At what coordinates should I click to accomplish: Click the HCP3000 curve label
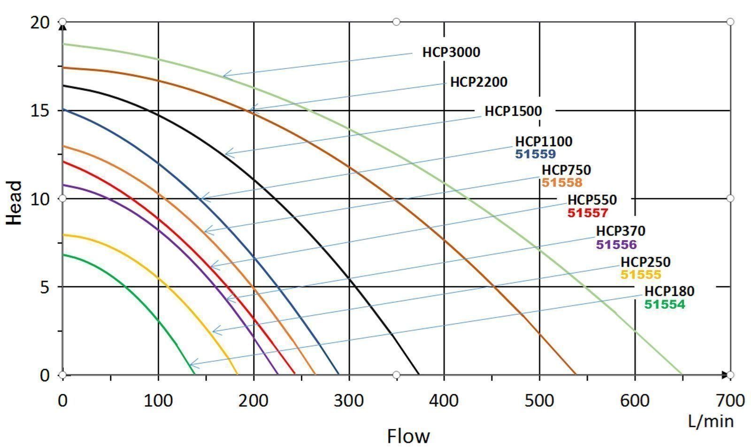pyautogui.click(x=451, y=52)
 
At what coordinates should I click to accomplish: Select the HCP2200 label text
pyautogui.click(x=479, y=82)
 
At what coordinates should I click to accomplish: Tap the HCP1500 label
pyautogui.click(x=513, y=111)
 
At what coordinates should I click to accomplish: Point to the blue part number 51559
pyautogui.click(x=535, y=154)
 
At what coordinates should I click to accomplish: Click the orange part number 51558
pyautogui.click(x=561, y=182)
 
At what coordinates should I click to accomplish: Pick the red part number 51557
pyautogui.click(x=587, y=213)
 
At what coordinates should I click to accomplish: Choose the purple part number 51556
pyautogui.click(x=616, y=244)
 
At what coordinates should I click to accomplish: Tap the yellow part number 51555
pyautogui.click(x=641, y=274)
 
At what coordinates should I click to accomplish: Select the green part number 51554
pyautogui.click(x=664, y=304)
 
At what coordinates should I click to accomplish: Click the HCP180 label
pyautogui.click(x=669, y=291)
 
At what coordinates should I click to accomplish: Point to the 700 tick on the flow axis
pyautogui.click(x=730, y=401)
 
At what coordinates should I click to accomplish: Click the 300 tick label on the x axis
pyautogui.click(x=349, y=401)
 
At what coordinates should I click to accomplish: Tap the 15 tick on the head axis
pyautogui.click(x=41, y=111)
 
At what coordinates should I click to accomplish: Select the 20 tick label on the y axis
pyautogui.click(x=40, y=22)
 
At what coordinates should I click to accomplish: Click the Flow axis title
pyautogui.click(x=408, y=436)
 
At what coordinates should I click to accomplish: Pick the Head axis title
pyautogui.click(x=15, y=203)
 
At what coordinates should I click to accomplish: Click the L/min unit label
pyautogui.click(x=711, y=421)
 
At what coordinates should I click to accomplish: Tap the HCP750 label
pyautogui.click(x=566, y=170)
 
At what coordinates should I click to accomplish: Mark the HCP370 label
pyautogui.click(x=621, y=231)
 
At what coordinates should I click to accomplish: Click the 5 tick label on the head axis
pyautogui.click(x=45, y=287)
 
